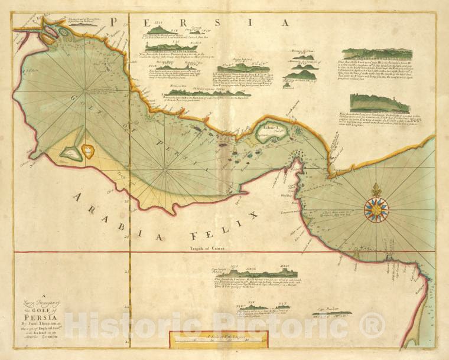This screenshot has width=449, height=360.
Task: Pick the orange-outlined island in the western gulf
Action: (x=87, y=152)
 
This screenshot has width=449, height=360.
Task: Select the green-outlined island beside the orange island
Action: (x=70, y=154)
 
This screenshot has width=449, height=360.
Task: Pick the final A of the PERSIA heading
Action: (x=285, y=22)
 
